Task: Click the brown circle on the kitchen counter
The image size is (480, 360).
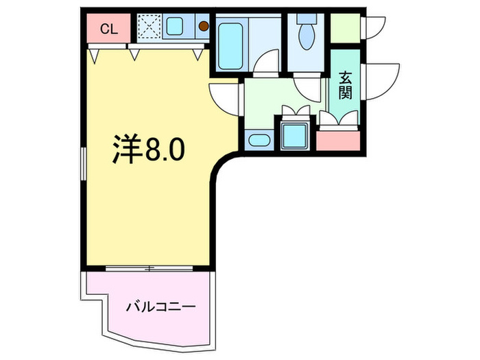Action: click(204, 27)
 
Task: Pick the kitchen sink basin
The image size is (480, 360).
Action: click(174, 28)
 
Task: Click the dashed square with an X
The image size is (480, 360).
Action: click(148, 28)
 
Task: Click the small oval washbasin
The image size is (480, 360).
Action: click(259, 141)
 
